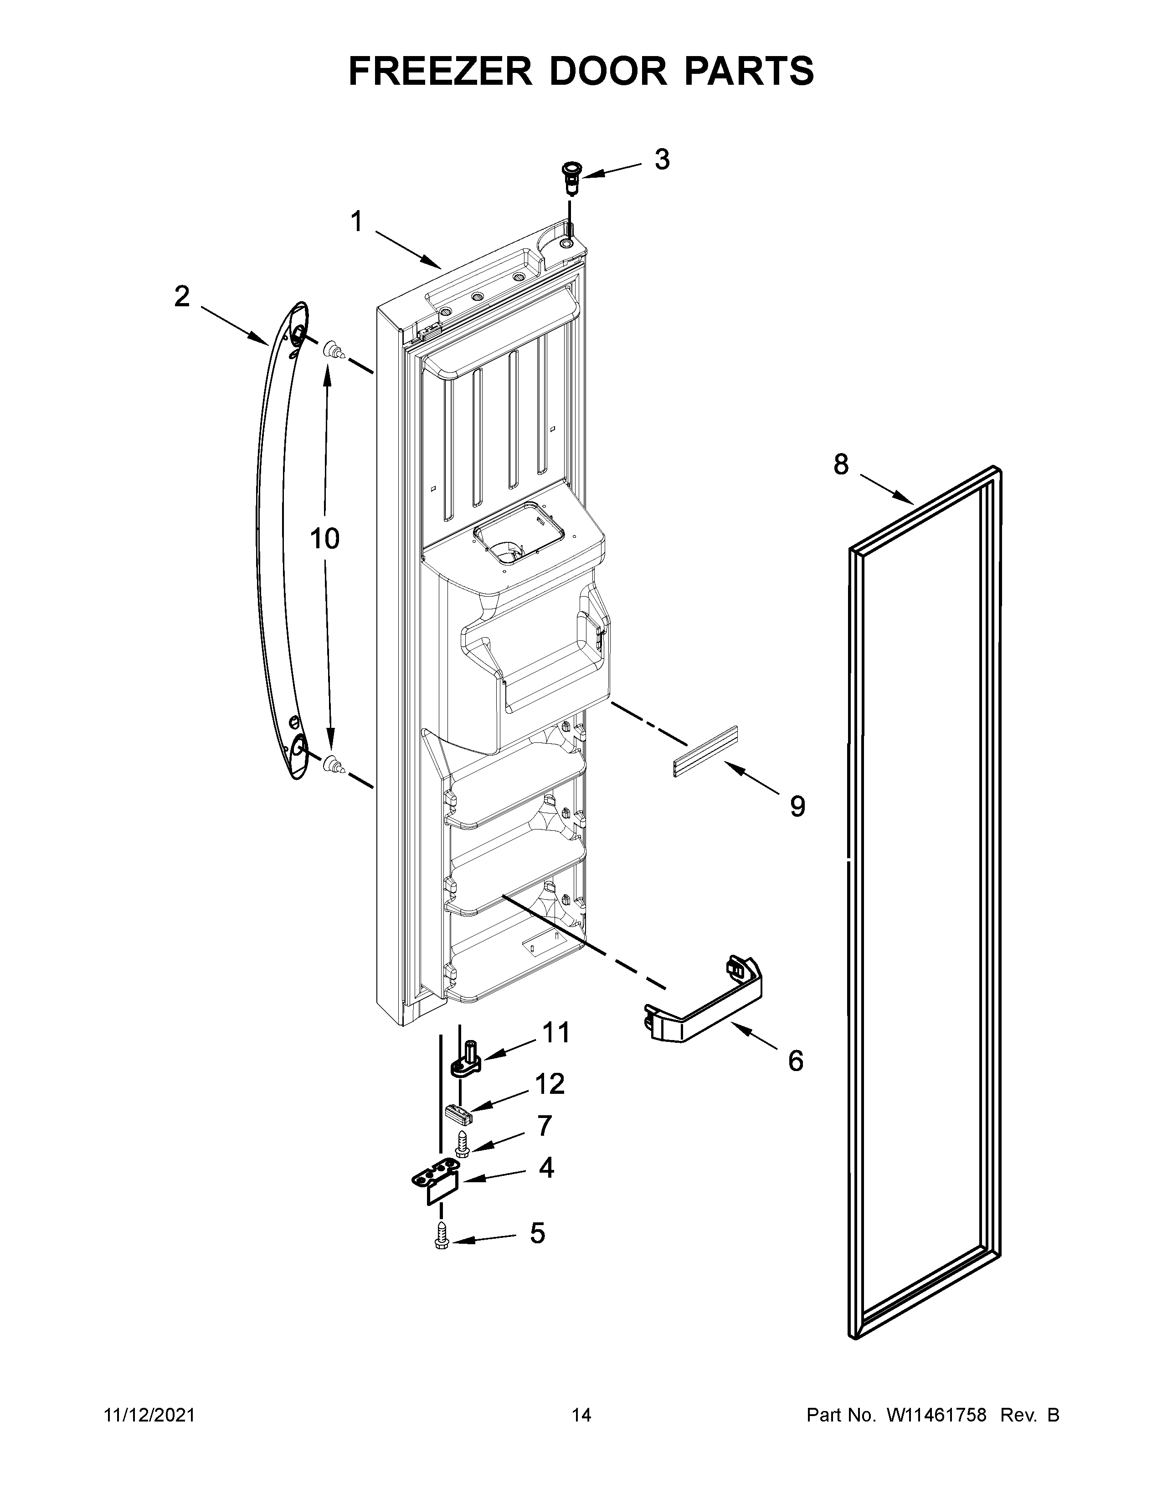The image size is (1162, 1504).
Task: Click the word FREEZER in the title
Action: (x=441, y=71)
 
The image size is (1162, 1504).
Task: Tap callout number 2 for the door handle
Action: (x=182, y=296)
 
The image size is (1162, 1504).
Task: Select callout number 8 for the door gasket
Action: (x=841, y=465)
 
